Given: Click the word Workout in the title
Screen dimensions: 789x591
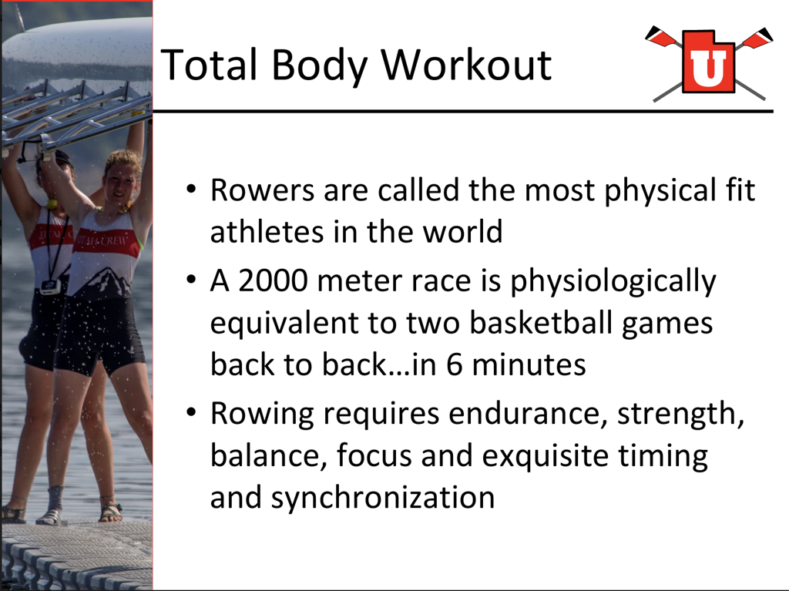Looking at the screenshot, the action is point(466,65).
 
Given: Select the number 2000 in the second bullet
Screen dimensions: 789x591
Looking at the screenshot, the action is point(272,281).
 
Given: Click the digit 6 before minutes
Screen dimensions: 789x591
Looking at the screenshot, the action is point(454,365).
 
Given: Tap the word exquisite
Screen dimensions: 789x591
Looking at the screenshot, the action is point(545,456).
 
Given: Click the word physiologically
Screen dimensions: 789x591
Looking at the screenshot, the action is point(613,282).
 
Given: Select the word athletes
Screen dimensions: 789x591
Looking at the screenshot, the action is point(267,233).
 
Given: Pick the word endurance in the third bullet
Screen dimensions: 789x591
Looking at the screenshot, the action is point(528,415).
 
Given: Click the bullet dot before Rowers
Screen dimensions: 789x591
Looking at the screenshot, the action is point(191,190).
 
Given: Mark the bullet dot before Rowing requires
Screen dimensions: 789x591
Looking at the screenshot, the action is point(191,412).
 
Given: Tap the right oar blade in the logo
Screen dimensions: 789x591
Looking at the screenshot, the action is point(754,38).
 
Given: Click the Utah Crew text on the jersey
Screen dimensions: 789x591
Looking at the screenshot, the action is point(106,240).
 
